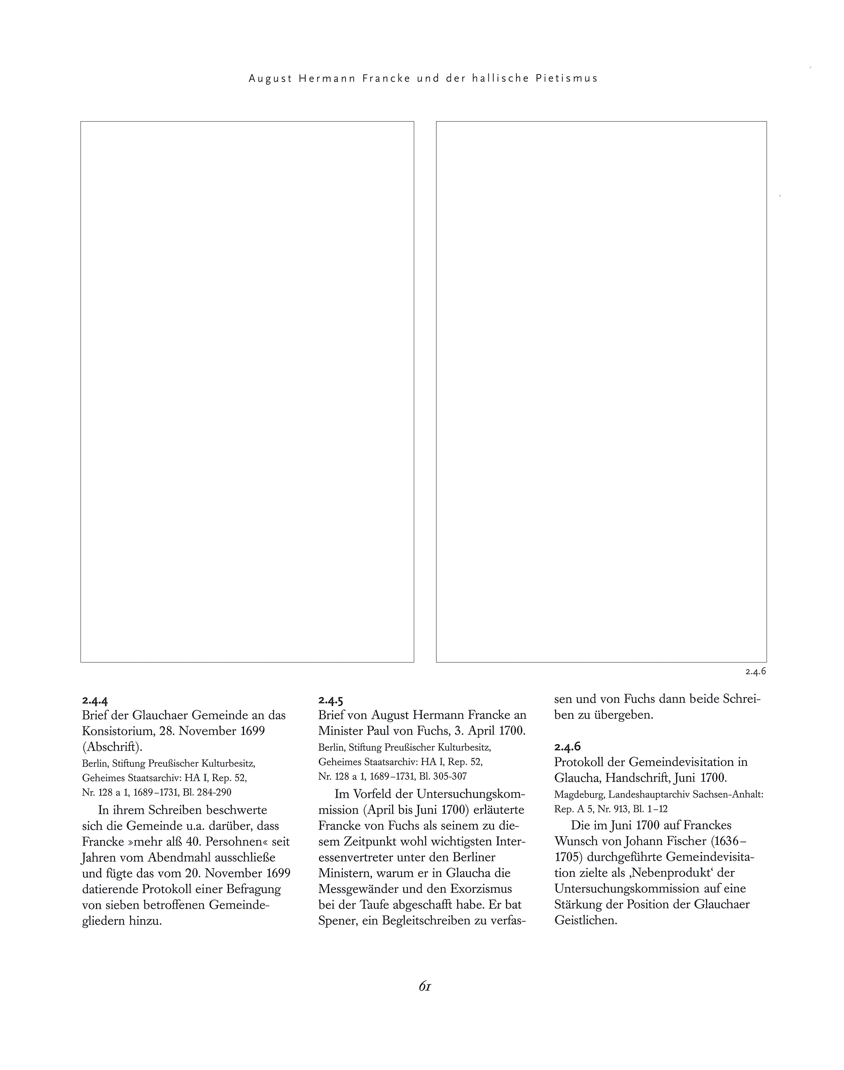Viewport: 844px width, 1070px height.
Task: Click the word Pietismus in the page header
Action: [567, 78]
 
